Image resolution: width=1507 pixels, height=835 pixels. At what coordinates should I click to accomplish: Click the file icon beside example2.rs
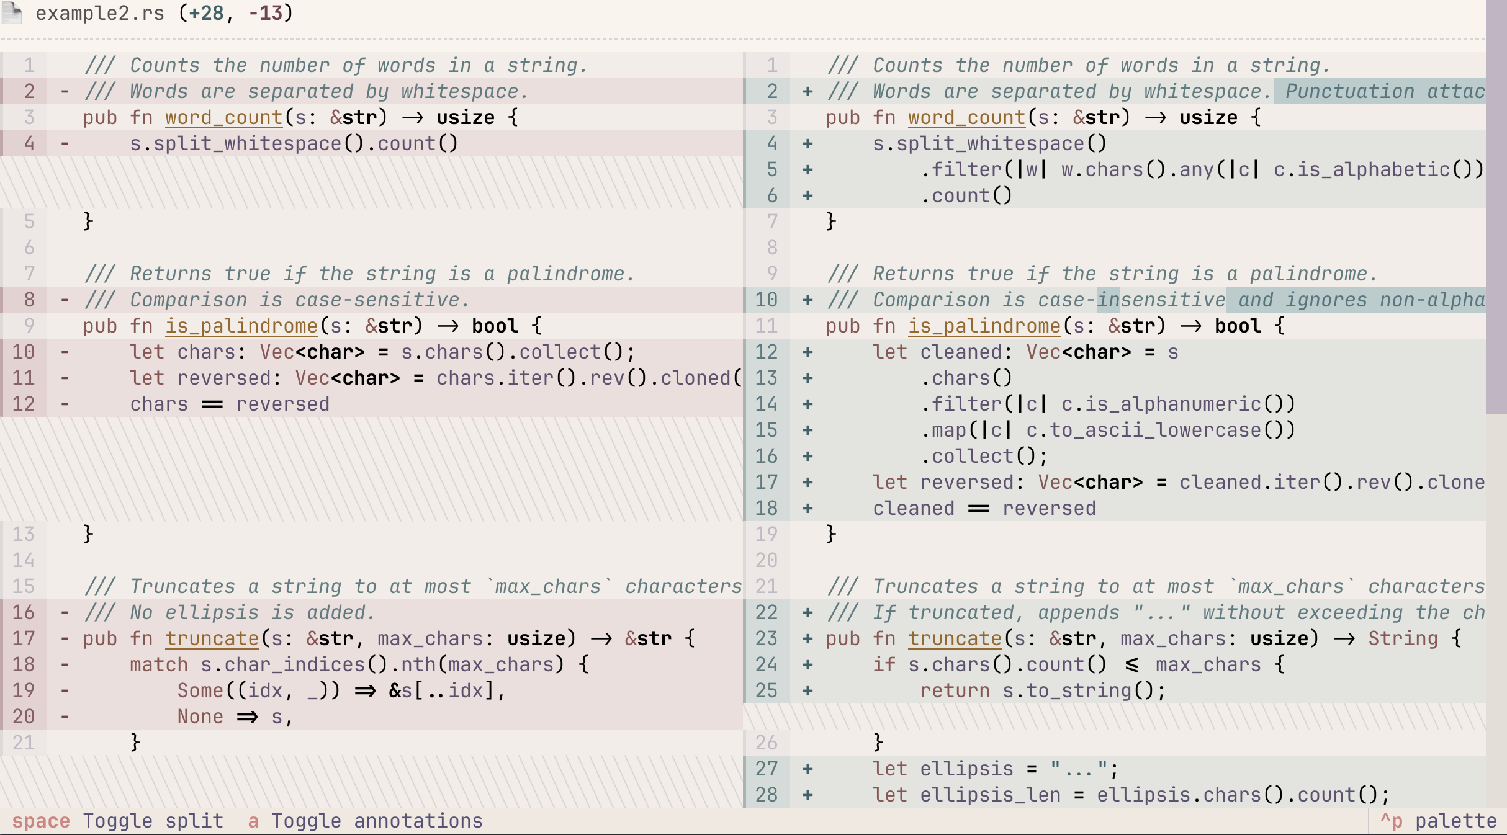12,12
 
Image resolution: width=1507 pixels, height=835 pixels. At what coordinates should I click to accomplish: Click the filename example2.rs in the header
100,12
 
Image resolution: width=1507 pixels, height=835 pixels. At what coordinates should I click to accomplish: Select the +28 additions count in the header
206,12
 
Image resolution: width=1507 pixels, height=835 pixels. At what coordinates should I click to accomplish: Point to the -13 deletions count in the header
265,12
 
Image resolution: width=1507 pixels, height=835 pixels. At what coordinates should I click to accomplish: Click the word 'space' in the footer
41,821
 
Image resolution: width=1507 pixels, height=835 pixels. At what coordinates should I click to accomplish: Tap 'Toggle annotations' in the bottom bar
377,821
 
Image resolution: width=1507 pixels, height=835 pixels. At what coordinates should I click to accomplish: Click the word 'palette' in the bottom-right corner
1455,821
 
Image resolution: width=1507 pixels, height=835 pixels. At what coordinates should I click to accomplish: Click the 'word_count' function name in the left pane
223,117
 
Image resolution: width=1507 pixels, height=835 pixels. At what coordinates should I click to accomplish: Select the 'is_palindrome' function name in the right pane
984,326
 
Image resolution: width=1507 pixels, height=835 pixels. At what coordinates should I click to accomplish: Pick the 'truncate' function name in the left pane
212,638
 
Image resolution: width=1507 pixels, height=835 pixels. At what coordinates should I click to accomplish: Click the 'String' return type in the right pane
1403,638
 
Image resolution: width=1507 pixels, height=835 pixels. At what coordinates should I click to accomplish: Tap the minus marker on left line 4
65,143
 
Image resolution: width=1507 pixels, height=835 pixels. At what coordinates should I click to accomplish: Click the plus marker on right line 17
807,482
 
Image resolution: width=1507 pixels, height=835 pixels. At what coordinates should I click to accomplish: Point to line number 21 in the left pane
24,743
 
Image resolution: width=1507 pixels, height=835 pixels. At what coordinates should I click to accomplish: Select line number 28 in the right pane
767,795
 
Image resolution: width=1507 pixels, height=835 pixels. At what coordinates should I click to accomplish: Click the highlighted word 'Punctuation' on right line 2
1349,91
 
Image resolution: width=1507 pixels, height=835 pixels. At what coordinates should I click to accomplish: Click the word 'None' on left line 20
200,717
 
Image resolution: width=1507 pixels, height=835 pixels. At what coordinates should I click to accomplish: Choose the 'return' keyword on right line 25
955,690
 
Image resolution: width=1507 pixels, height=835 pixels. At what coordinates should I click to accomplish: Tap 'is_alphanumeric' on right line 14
1161,404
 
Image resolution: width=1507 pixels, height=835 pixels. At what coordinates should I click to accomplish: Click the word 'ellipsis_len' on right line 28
990,795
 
